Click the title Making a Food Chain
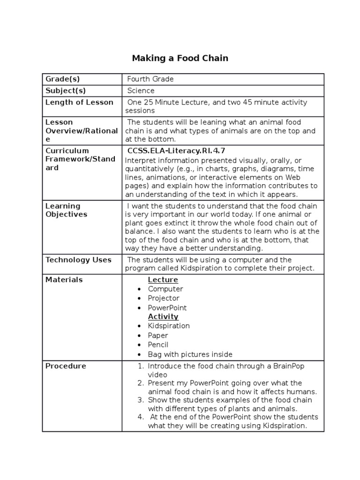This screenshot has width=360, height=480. (180, 59)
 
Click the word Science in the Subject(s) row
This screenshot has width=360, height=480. (141, 91)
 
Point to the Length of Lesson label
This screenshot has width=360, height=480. (79, 102)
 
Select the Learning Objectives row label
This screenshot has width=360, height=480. (66, 210)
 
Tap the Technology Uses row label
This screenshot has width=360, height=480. (78, 260)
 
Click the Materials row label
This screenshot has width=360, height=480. (64, 280)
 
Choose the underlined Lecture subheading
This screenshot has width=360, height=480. (163, 280)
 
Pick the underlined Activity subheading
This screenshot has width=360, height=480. (163, 317)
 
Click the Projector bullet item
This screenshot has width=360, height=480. (164, 298)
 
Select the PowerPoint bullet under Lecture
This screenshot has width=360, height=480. (167, 308)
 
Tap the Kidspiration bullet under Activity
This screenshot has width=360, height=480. (169, 326)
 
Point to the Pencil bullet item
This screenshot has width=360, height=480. (158, 345)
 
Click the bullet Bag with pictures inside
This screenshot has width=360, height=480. (190, 354)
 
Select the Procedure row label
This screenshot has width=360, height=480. (66, 366)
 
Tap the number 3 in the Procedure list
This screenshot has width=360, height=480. (140, 400)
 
